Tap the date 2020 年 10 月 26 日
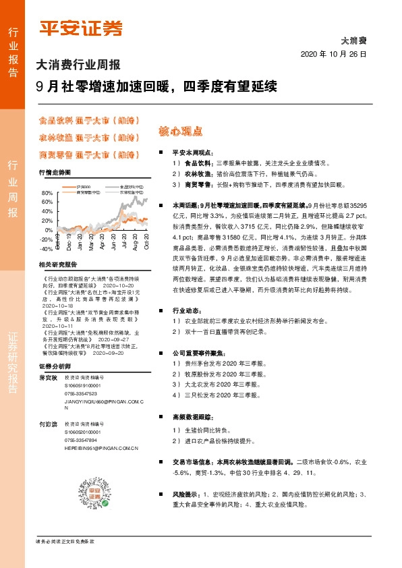coord(333,54)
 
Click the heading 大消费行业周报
coord(78,65)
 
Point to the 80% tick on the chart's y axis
coord(47,193)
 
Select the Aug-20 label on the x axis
coord(136,243)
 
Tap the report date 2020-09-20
coord(109,352)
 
